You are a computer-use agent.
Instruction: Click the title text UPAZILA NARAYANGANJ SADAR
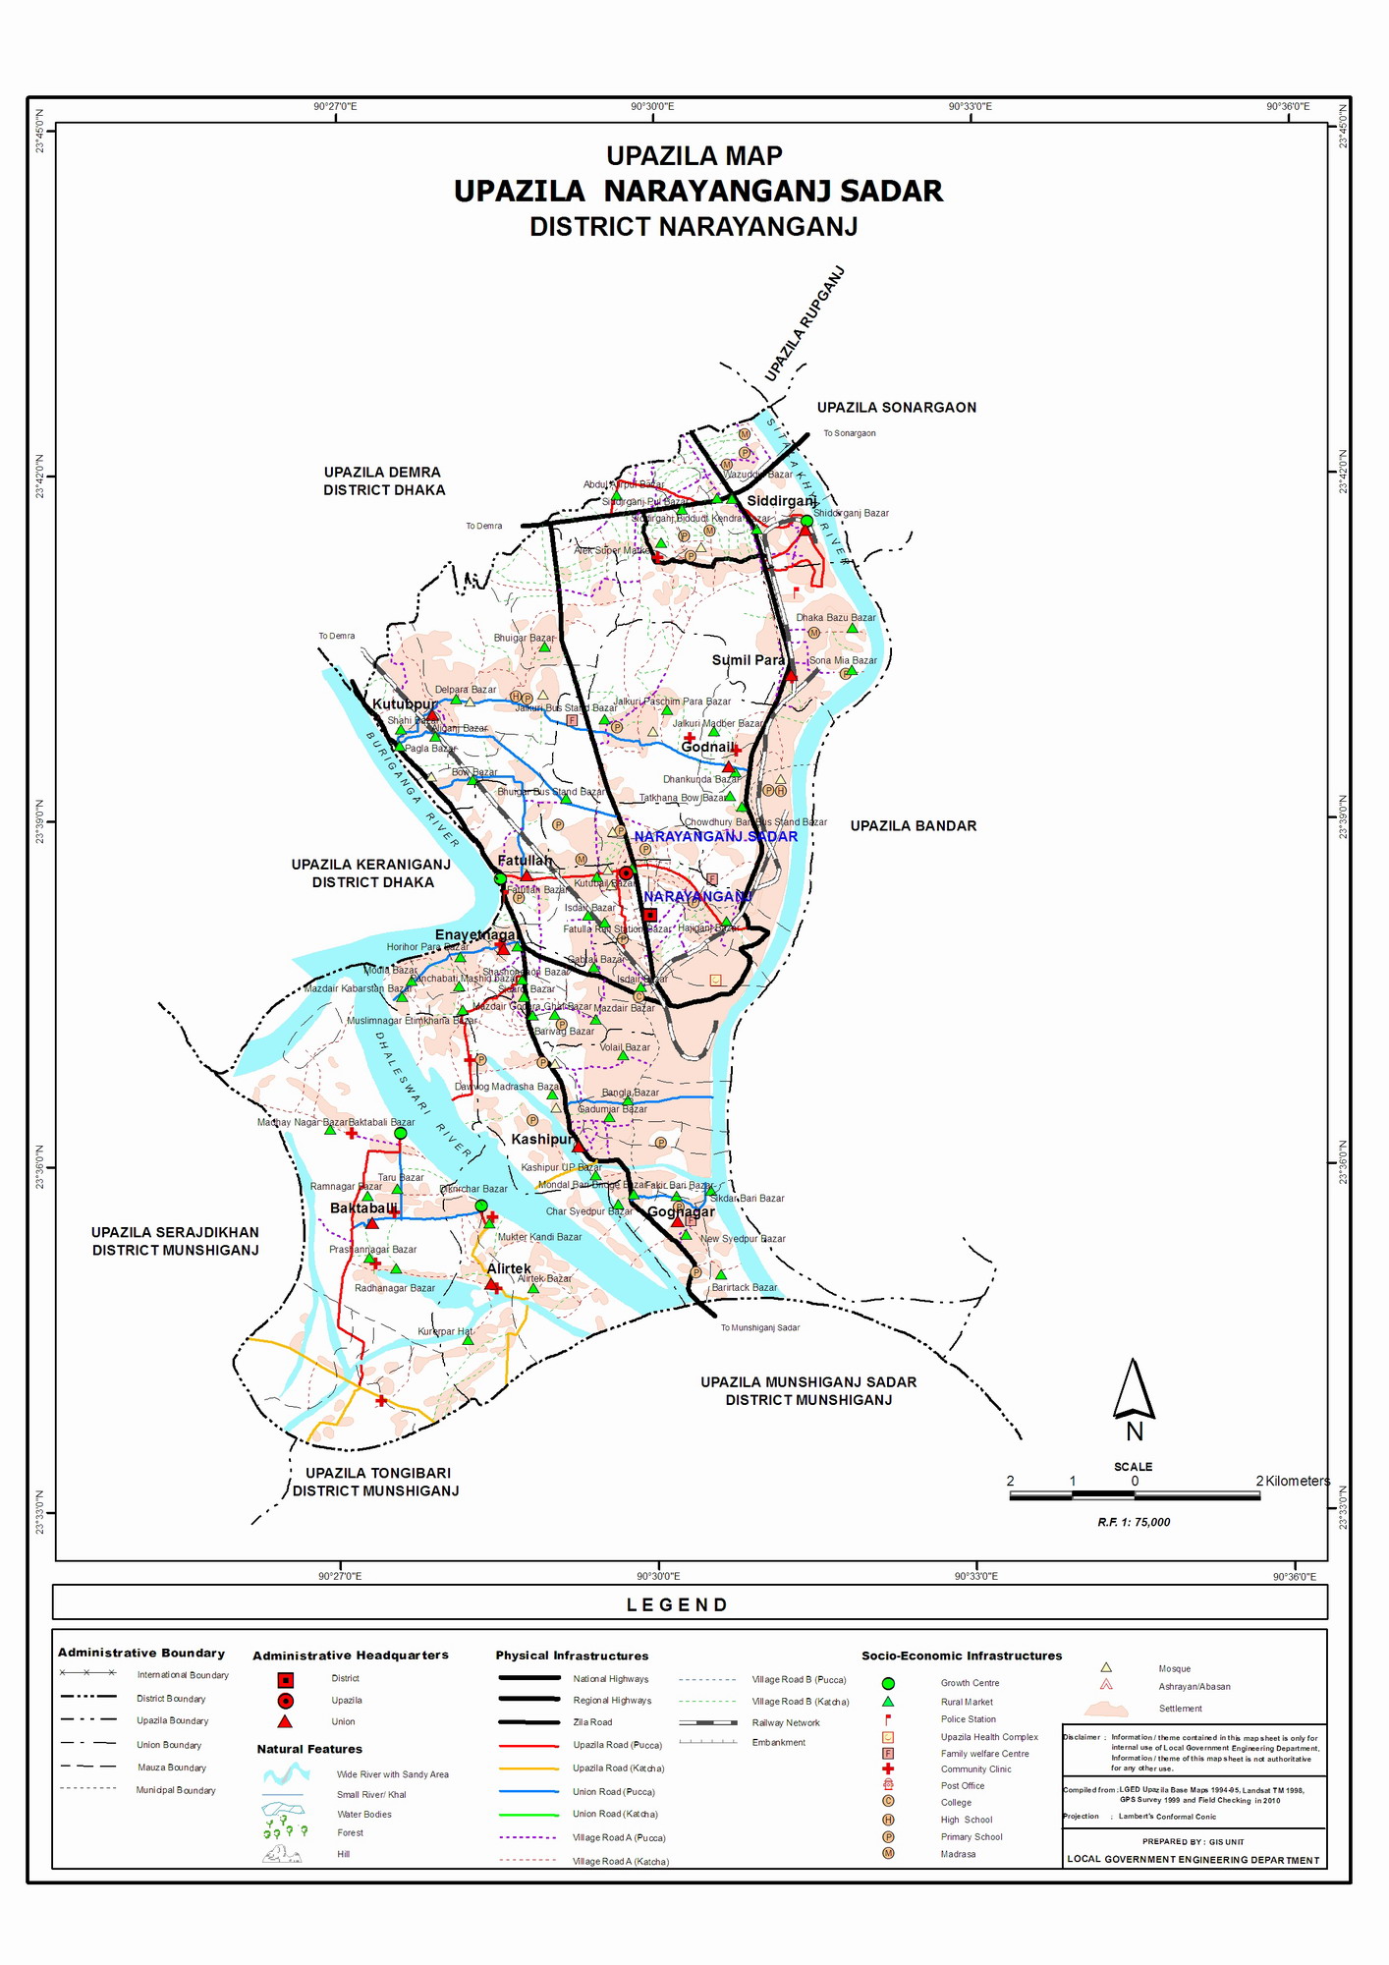coord(697,191)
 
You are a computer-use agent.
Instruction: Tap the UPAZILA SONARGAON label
coord(896,408)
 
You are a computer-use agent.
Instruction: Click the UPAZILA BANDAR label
coord(913,826)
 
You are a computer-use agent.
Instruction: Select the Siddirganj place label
coord(781,501)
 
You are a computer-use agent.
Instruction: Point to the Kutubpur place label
coord(404,704)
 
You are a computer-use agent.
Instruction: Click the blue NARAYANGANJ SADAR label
coord(715,836)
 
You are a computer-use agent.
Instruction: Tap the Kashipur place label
coord(541,1139)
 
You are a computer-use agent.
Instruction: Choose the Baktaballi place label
coord(363,1207)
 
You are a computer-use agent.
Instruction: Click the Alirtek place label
coord(509,1268)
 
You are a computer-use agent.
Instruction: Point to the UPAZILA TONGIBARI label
coord(377,1473)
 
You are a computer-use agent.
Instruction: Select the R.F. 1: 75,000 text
coord(1134,1522)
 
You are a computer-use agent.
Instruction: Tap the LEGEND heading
coord(678,1604)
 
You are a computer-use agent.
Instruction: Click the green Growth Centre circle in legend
coord(888,1683)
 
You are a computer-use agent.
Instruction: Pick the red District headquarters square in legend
coord(286,1680)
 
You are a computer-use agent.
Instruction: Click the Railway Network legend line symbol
coord(707,1722)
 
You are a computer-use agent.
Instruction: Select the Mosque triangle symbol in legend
coord(1106,1667)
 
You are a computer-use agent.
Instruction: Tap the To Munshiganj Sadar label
coord(759,1327)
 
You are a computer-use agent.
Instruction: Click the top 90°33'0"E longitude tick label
coord(970,107)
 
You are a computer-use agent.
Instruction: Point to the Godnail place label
coord(706,747)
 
